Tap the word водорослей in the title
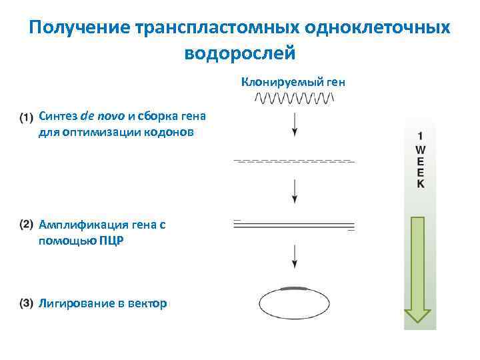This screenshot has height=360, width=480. (x=238, y=52)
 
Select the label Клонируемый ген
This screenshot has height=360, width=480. (x=293, y=83)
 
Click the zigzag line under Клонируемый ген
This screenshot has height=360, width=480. (x=294, y=99)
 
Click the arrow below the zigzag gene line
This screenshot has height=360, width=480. (x=294, y=124)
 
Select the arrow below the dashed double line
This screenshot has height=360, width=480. (x=294, y=191)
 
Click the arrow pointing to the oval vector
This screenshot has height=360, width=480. (x=294, y=257)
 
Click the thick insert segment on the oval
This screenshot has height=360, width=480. (x=294, y=288)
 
